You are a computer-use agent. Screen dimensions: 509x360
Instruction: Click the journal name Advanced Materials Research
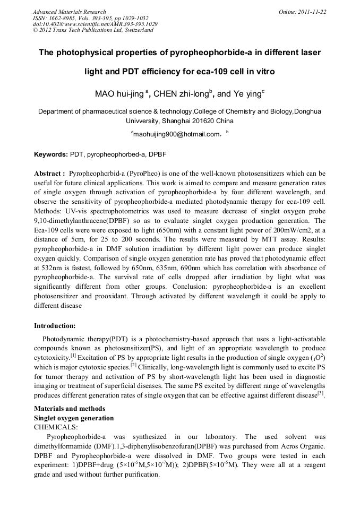(x=69, y=12)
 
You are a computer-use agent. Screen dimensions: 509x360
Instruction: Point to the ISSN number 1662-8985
(x=63, y=18)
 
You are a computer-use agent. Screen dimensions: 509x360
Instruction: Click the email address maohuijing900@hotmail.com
(x=176, y=134)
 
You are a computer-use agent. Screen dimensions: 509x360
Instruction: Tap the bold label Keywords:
(x=51, y=154)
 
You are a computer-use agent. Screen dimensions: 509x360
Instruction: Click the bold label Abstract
(x=49, y=174)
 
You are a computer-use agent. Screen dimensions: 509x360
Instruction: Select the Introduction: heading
(x=55, y=325)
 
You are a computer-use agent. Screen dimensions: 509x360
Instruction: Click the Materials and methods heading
(x=70, y=409)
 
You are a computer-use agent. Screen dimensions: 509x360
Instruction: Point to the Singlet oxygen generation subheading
(x=74, y=418)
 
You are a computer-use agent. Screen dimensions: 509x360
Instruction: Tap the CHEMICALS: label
(x=55, y=426)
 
